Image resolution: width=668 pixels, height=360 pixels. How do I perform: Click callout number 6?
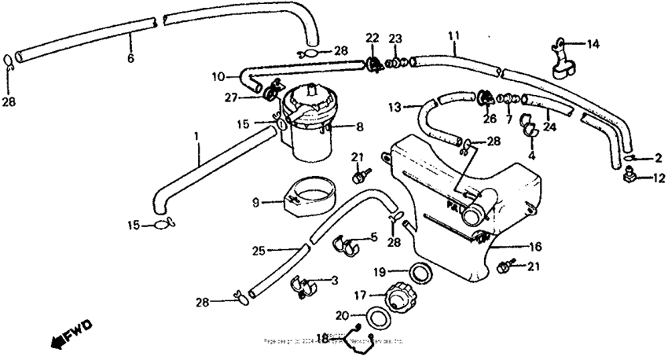click(x=130, y=58)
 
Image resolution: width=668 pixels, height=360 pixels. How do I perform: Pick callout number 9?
click(x=255, y=202)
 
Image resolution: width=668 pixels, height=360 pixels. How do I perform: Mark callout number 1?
click(x=196, y=137)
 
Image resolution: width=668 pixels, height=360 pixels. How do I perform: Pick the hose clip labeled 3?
click(x=303, y=282)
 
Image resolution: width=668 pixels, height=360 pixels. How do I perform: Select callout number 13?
click(x=394, y=106)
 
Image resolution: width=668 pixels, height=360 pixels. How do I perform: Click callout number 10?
click(x=218, y=76)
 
